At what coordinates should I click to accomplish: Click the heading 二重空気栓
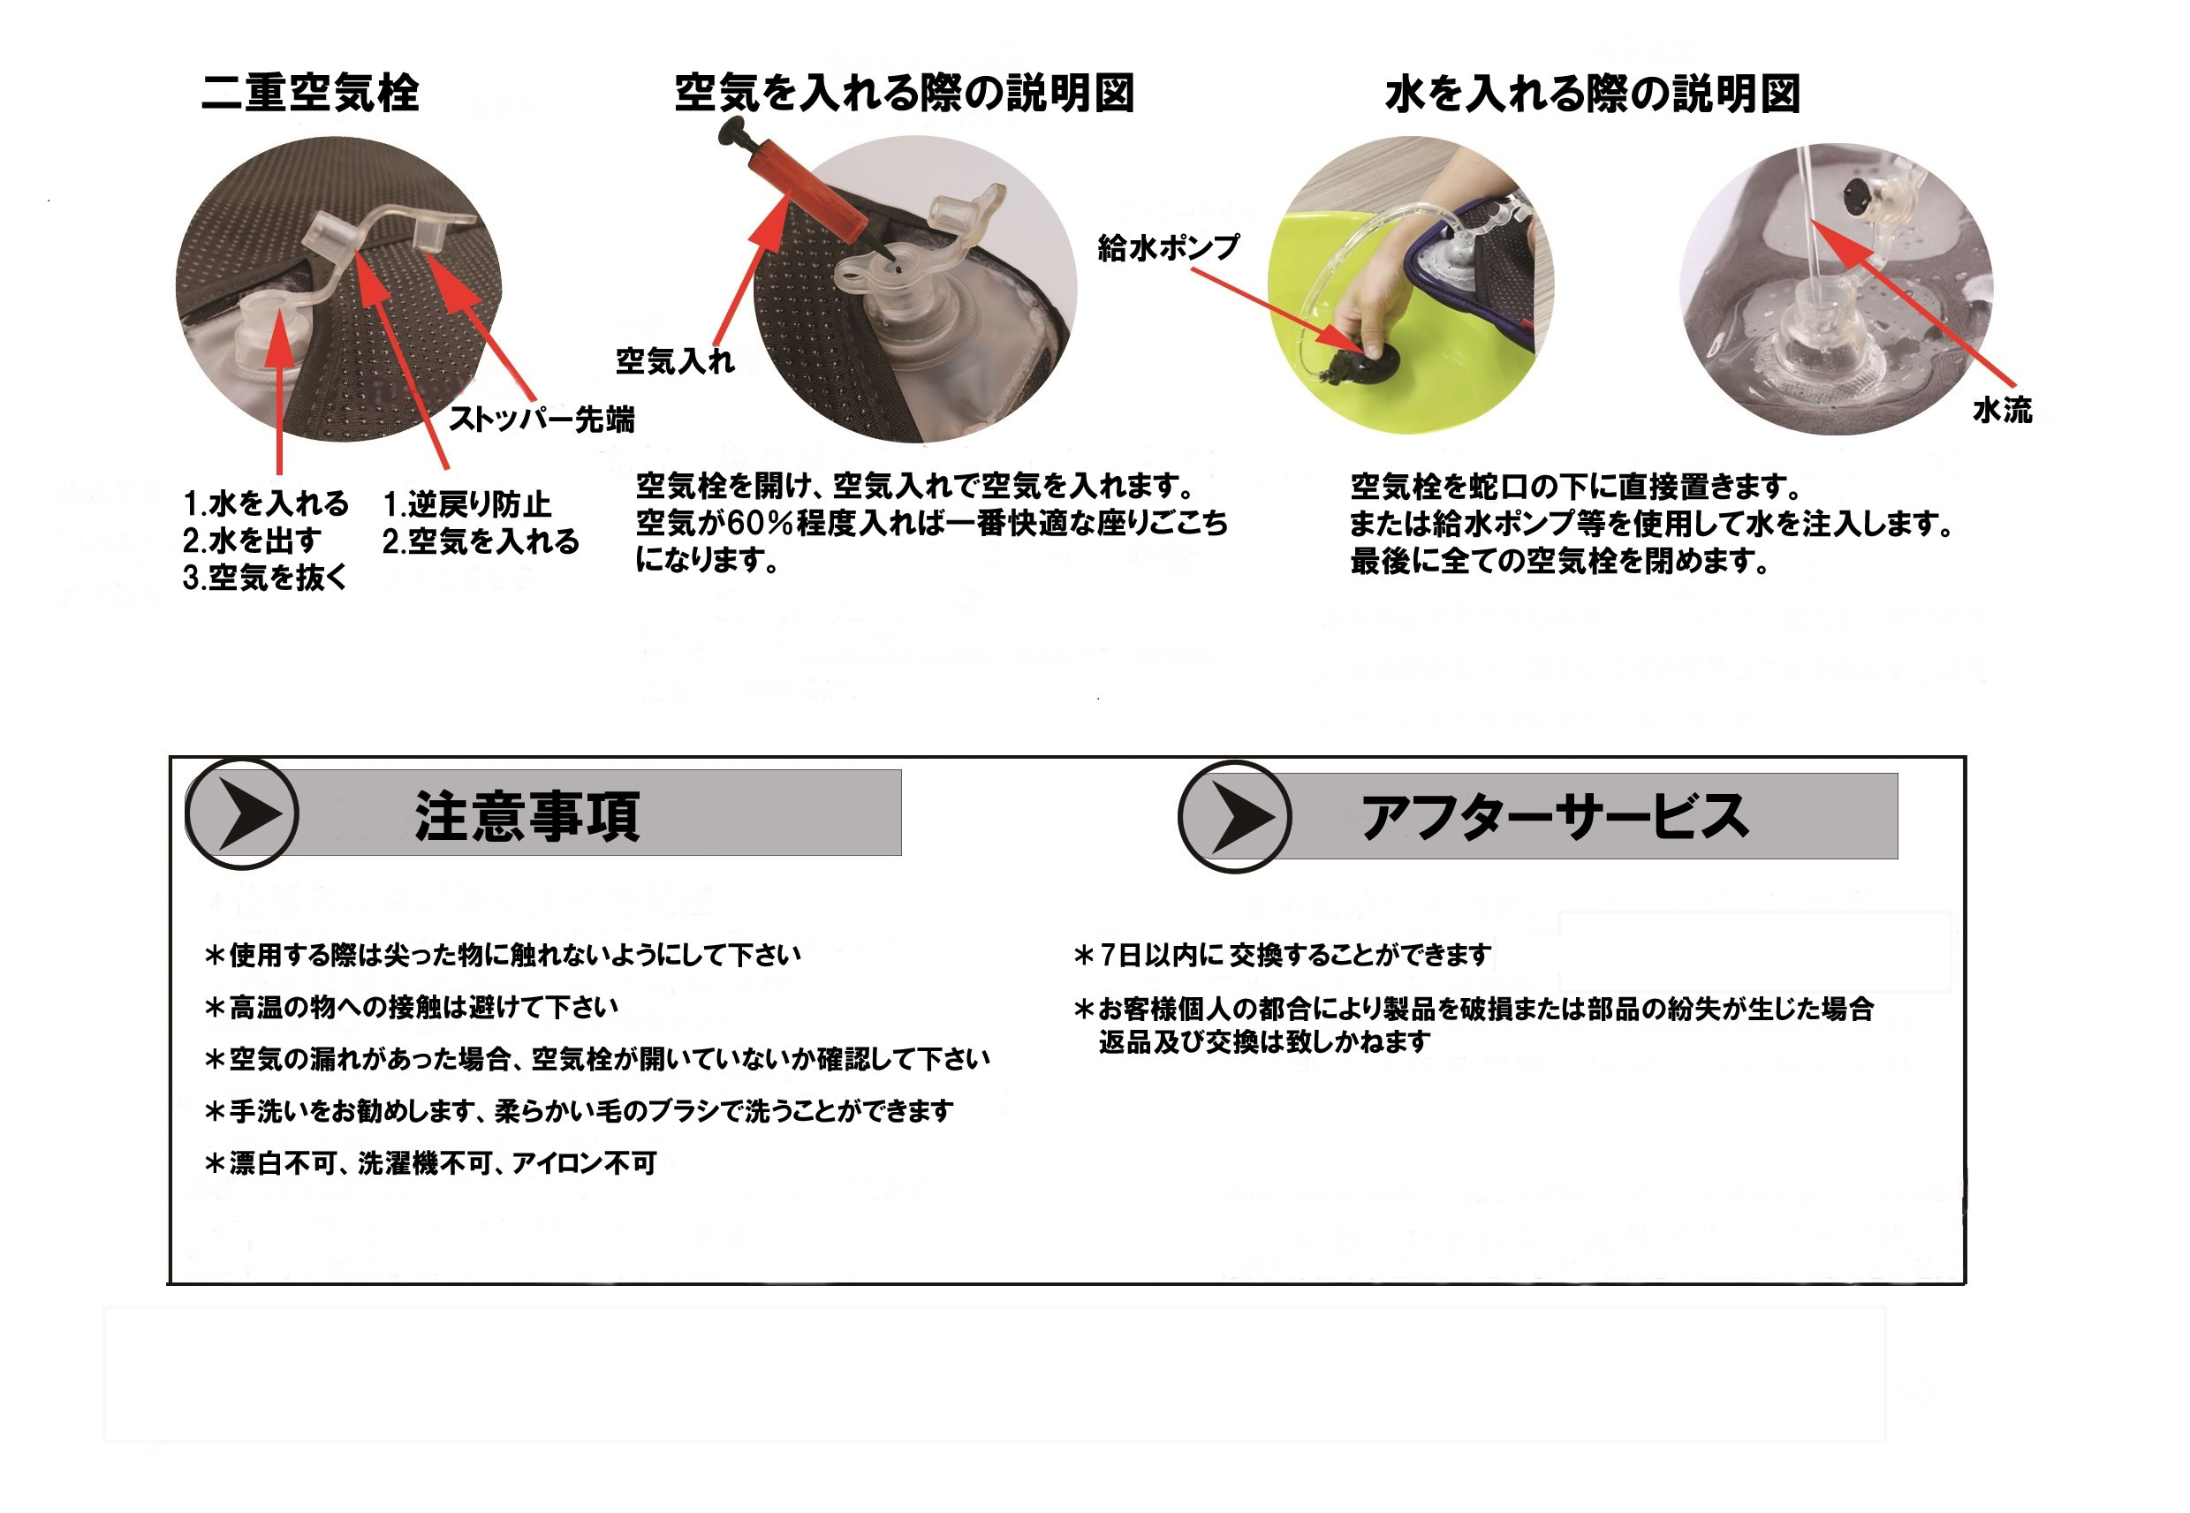tap(310, 93)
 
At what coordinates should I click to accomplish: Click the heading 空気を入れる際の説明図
tap(905, 93)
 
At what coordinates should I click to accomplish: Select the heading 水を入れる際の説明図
tap(1593, 94)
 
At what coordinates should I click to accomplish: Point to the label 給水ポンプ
tap(1168, 247)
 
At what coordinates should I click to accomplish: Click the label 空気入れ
tap(675, 360)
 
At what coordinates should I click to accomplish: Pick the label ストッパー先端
tap(542, 418)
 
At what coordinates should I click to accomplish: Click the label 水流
tap(2003, 410)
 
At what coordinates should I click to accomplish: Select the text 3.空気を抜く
tap(265, 578)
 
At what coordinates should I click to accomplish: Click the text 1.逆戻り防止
tap(466, 504)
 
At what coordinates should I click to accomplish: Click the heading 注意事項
tap(527, 816)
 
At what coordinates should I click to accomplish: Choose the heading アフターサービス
tap(1555, 816)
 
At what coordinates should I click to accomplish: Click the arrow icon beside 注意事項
tap(243, 813)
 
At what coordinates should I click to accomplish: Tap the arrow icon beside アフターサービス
tap(1234, 816)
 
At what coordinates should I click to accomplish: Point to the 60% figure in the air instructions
tap(759, 522)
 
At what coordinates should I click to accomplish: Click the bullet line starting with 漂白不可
tap(430, 1162)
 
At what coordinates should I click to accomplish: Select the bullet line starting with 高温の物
tap(412, 1007)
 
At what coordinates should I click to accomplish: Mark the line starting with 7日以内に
tap(1283, 955)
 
